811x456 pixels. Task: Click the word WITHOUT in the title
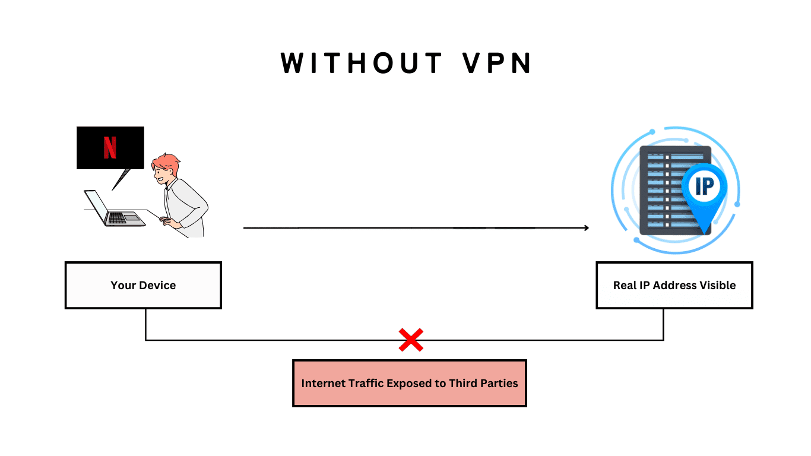click(362, 64)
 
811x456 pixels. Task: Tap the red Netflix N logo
click(110, 148)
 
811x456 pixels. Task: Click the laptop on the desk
click(115, 211)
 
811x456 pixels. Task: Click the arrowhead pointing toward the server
click(586, 228)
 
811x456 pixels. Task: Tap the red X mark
click(411, 340)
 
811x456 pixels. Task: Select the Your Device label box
click(143, 285)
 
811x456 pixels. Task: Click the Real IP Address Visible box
click(674, 285)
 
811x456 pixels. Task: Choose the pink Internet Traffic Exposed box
click(410, 383)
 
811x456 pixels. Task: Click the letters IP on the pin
click(704, 186)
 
